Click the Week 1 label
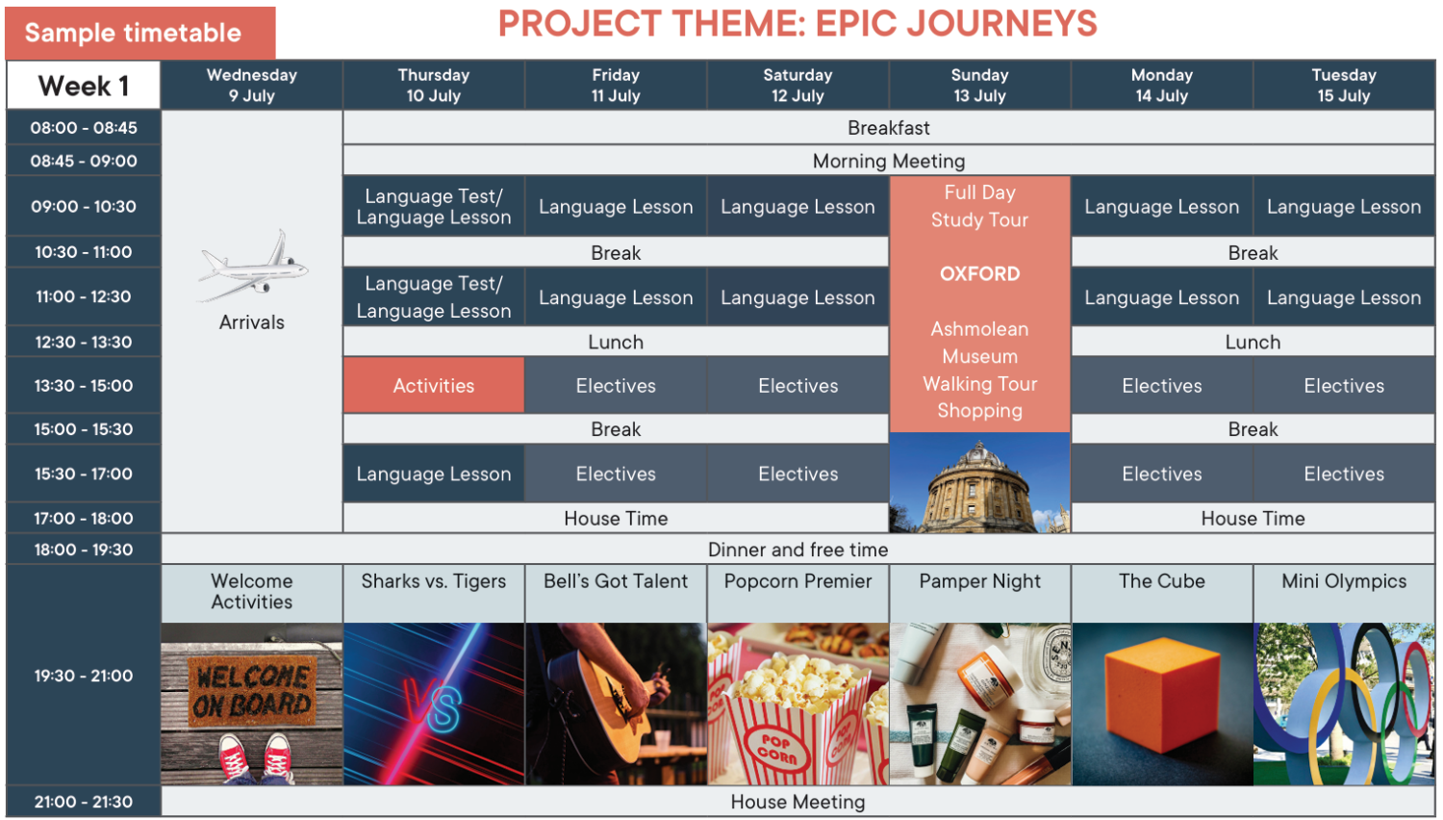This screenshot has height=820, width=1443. tap(83, 85)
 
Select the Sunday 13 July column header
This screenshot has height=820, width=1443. tap(980, 85)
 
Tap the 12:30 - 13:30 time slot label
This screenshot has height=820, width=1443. tap(83, 342)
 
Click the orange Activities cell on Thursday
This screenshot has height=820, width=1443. tap(434, 386)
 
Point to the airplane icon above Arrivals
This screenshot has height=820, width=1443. tap(252, 266)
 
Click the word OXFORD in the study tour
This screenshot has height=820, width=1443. tap(980, 274)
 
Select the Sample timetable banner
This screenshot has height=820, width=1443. tap(140, 33)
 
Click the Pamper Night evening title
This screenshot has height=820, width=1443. tap(980, 581)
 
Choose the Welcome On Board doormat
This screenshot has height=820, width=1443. tap(252, 692)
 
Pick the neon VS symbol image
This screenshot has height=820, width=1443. tap(434, 704)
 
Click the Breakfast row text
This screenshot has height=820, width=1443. tap(888, 128)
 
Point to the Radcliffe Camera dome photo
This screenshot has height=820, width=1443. tap(980, 483)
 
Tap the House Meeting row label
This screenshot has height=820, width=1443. tap(797, 802)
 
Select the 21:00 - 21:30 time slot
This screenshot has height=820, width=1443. tap(83, 802)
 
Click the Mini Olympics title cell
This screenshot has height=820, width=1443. tap(1344, 593)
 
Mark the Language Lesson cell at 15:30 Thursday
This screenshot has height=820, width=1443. tap(434, 474)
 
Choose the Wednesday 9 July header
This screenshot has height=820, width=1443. tap(252, 85)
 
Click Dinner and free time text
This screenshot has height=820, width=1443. tap(797, 550)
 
